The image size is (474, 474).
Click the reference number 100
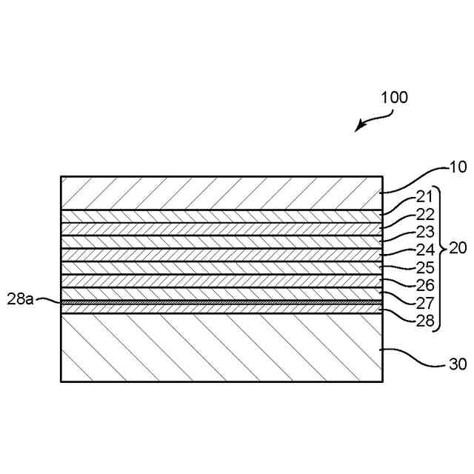tap(394, 97)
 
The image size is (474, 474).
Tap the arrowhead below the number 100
tap(358, 127)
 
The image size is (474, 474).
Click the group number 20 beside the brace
tap(458, 249)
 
